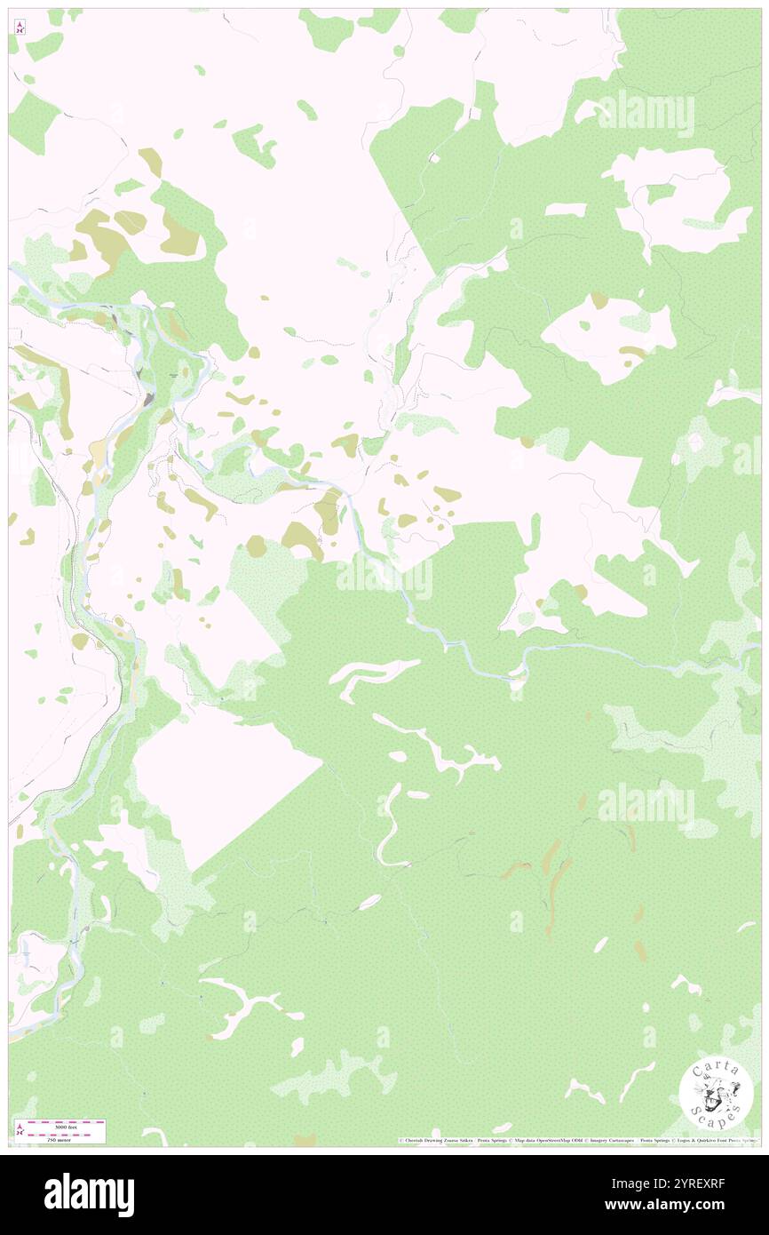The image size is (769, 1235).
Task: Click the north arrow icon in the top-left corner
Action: [x=20, y=27]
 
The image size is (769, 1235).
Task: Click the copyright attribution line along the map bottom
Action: [x=577, y=1140]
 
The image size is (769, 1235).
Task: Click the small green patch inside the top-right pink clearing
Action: [x=660, y=193]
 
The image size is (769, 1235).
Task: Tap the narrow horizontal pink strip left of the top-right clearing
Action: [x=565, y=210]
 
